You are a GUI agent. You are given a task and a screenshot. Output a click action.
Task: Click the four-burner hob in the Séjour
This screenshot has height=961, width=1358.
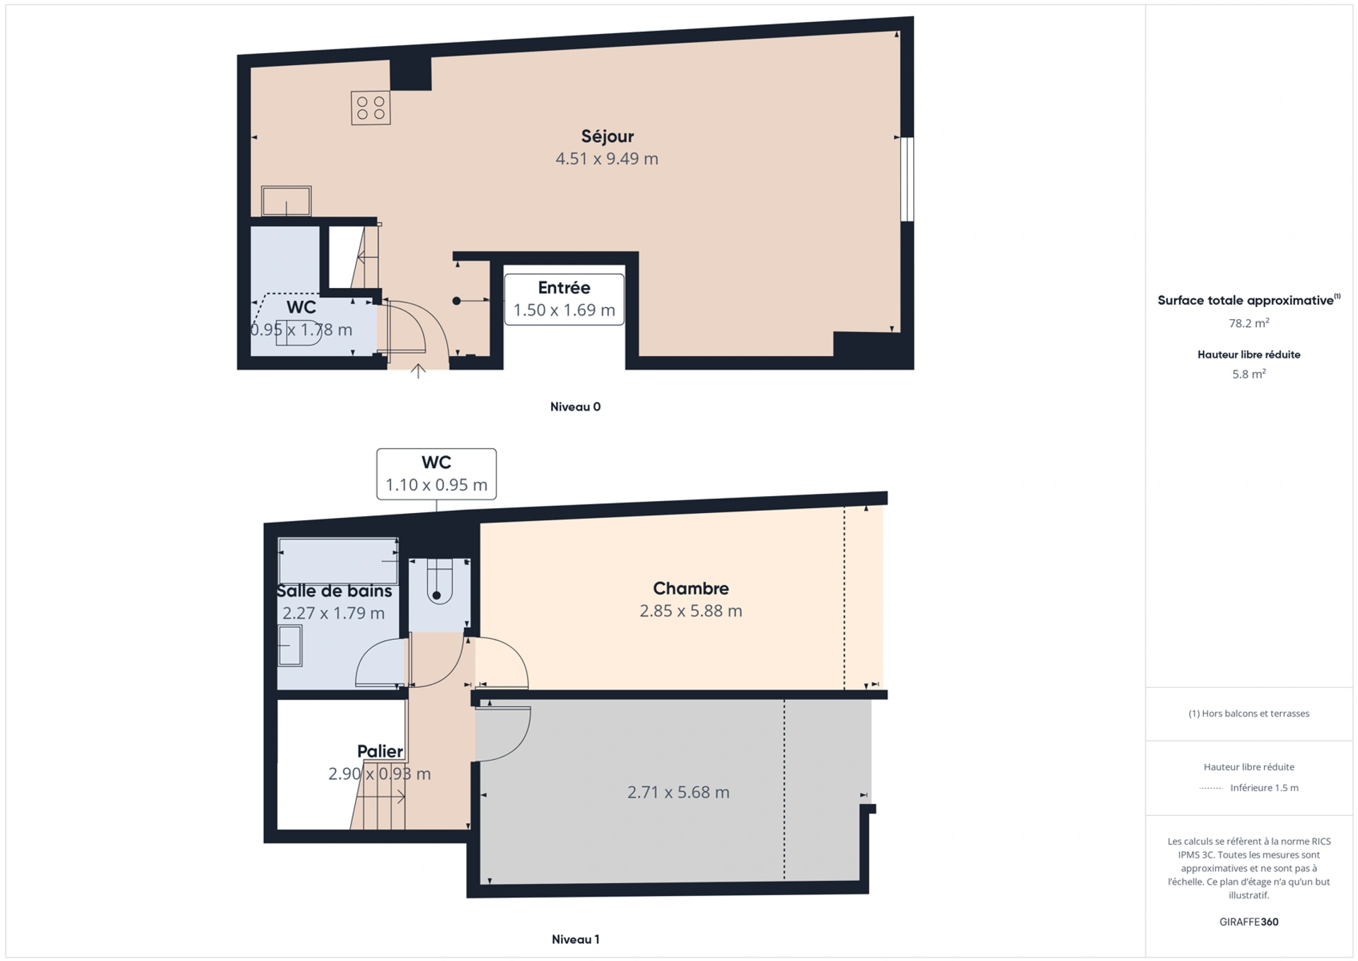(x=371, y=108)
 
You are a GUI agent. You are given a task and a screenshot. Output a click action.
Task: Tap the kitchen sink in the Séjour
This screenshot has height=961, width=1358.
(x=286, y=201)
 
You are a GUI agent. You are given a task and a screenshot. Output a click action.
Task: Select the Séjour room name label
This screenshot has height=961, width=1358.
(x=607, y=136)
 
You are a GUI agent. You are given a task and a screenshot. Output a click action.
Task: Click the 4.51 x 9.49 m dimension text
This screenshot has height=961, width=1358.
(x=607, y=159)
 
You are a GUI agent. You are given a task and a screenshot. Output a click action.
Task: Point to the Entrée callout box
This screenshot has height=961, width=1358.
(x=564, y=299)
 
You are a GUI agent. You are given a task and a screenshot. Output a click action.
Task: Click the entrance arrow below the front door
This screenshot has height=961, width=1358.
(x=418, y=371)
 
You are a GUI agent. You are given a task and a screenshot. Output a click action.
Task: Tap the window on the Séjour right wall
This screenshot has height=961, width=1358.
(x=907, y=179)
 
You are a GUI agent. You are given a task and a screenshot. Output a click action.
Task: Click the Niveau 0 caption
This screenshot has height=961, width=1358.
(x=576, y=407)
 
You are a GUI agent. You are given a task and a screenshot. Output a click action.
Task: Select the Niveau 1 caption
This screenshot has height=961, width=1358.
(x=576, y=939)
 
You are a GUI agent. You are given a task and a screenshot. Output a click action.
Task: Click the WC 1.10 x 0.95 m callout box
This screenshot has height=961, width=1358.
(x=436, y=474)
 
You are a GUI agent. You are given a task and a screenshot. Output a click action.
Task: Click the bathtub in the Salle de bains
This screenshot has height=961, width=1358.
(x=338, y=561)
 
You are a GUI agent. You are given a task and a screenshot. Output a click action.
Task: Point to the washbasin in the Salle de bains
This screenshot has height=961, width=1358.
(x=290, y=646)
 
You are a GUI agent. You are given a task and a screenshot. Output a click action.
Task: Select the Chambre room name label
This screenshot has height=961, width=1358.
(x=691, y=588)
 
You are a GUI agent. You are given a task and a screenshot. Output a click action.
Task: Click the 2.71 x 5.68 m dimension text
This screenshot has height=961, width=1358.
(x=678, y=792)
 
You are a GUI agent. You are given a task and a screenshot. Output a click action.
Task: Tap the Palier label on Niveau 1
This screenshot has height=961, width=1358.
(x=380, y=751)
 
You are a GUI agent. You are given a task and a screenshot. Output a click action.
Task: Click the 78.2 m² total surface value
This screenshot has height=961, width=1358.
(x=1249, y=323)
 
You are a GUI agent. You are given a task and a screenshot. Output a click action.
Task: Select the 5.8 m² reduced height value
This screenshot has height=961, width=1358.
(x=1249, y=374)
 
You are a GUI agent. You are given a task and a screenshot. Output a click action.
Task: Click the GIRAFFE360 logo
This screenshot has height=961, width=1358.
(x=1249, y=922)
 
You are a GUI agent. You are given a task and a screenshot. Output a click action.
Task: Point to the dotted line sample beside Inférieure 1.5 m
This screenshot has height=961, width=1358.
(x=1212, y=788)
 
